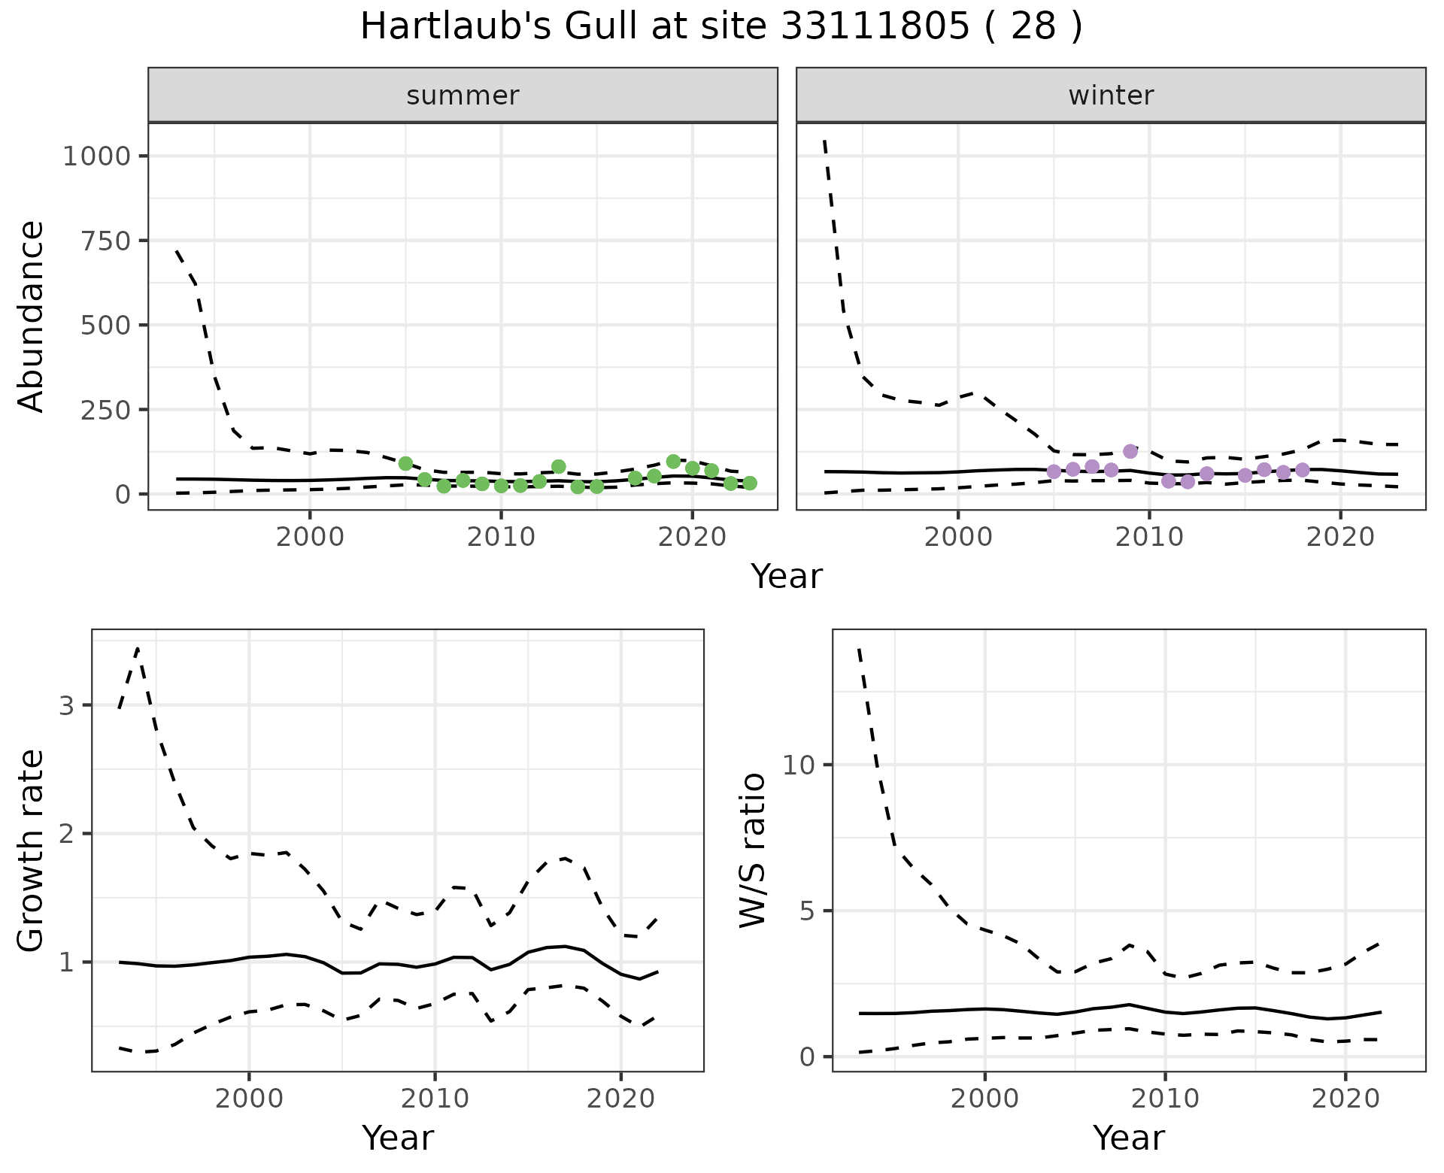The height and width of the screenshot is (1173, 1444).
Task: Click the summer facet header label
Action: pyautogui.click(x=463, y=95)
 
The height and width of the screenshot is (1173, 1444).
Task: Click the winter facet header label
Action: pyautogui.click(x=1111, y=95)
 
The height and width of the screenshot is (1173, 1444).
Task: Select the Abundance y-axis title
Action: pyautogui.click(x=32, y=316)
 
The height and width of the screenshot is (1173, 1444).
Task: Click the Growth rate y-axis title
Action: pyautogui.click(x=32, y=850)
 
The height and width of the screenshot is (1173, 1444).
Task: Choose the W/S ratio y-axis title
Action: pyautogui.click(x=752, y=850)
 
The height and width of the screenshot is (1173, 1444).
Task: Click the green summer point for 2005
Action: pyautogui.click(x=405, y=463)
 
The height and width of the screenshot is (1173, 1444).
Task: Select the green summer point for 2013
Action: pyautogui.click(x=558, y=466)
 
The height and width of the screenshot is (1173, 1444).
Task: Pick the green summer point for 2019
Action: pyautogui.click(x=673, y=461)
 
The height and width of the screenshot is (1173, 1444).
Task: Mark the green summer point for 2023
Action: pyautogui.click(x=750, y=483)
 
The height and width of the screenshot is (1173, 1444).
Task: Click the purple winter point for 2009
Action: pyautogui.click(x=1130, y=451)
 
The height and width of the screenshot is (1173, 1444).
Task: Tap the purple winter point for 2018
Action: pyautogui.click(x=1303, y=470)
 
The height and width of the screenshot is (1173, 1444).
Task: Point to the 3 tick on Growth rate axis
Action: pyautogui.click(x=66, y=705)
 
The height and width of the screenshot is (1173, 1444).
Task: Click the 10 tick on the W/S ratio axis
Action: pyautogui.click(x=798, y=765)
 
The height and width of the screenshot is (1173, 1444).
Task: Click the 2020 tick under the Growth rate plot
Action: pyautogui.click(x=620, y=1099)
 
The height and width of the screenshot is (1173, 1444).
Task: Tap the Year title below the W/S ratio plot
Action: pyautogui.click(x=1128, y=1138)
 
